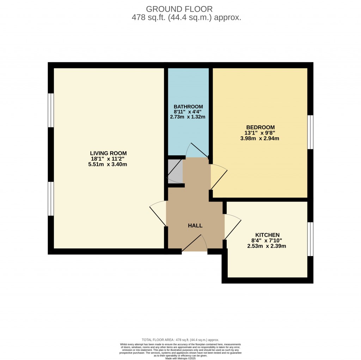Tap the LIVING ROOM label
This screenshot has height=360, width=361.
pos(108,153)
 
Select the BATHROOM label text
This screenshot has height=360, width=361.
pos(188,107)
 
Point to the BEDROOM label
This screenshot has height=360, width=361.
pos(260,127)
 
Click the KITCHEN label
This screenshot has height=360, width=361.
pos(267,235)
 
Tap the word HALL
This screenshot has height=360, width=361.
pos(195,225)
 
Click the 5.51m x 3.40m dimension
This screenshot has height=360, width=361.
pos(108,164)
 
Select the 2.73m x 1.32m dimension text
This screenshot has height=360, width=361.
pos(188,117)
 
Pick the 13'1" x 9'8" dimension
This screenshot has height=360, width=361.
pos(260,133)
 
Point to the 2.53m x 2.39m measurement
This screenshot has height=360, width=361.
pos(267,246)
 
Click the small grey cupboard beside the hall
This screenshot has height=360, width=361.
pos(175,171)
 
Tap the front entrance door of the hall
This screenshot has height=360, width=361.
pos(195,244)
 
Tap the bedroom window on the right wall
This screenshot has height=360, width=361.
pos(310,132)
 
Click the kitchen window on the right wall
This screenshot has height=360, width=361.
pos(310,239)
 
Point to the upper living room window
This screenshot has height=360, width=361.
pos(51,110)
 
